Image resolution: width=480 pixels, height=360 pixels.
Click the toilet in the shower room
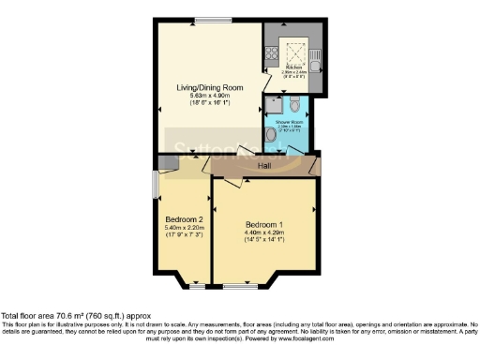(x=293, y=101)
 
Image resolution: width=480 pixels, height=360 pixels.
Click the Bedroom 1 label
(x=264, y=225)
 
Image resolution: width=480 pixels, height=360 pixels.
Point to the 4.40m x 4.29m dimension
(x=264, y=233)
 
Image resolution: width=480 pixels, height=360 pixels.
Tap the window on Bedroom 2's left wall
(x=156, y=184)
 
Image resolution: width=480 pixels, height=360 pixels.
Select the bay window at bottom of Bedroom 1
(x=248, y=282)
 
